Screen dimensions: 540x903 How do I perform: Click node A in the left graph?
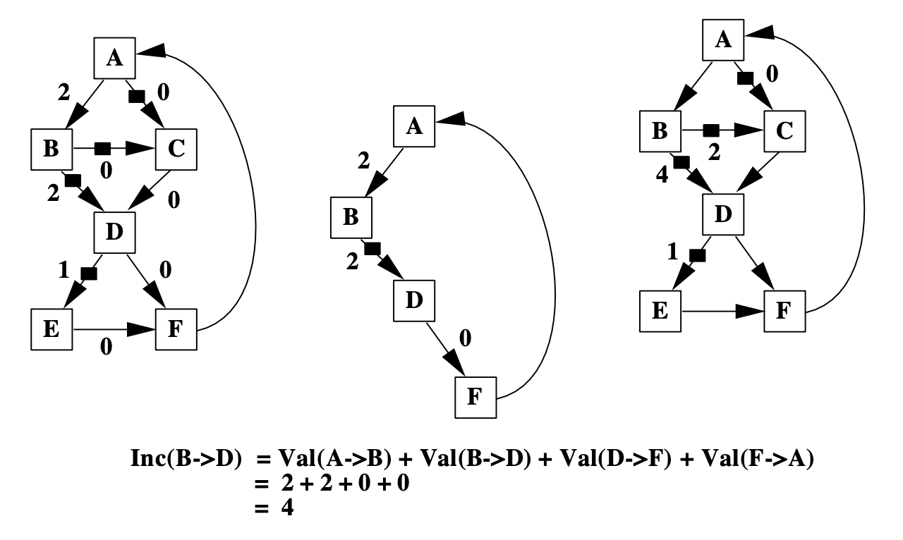[x=114, y=58]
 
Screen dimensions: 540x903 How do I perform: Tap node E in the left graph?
[x=52, y=329]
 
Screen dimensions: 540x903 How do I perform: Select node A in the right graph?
[x=722, y=39]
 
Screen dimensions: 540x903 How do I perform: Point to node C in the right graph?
[x=783, y=130]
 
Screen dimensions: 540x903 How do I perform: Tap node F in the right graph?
[x=784, y=310]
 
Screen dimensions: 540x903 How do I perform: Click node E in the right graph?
[x=660, y=310]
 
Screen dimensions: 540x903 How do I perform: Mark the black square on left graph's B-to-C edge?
[x=103, y=148]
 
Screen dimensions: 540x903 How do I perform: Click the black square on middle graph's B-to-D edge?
[x=372, y=247]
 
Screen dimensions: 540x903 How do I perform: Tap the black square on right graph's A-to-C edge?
[x=745, y=78]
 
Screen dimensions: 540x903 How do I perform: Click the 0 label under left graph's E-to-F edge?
[x=107, y=347]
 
